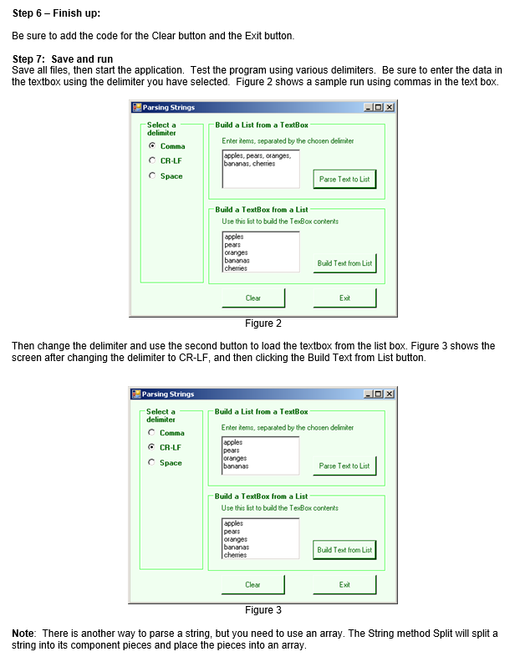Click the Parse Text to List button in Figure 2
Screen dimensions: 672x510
point(344,179)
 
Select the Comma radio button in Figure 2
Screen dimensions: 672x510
point(152,146)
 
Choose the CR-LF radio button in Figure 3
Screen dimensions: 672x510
point(152,447)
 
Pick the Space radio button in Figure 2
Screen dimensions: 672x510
point(152,176)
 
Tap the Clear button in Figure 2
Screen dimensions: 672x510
point(253,298)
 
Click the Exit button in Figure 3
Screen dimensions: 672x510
point(344,585)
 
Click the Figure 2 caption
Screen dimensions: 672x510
point(263,323)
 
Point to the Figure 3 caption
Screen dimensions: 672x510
point(263,610)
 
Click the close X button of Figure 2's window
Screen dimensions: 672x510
point(390,108)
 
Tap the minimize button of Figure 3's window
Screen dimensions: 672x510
point(369,395)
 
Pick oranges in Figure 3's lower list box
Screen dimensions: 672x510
point(236,539)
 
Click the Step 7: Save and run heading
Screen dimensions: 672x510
point(64,59)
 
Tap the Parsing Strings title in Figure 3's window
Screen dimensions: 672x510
point(168,395)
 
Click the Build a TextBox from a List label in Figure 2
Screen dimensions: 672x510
point(261,210)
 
